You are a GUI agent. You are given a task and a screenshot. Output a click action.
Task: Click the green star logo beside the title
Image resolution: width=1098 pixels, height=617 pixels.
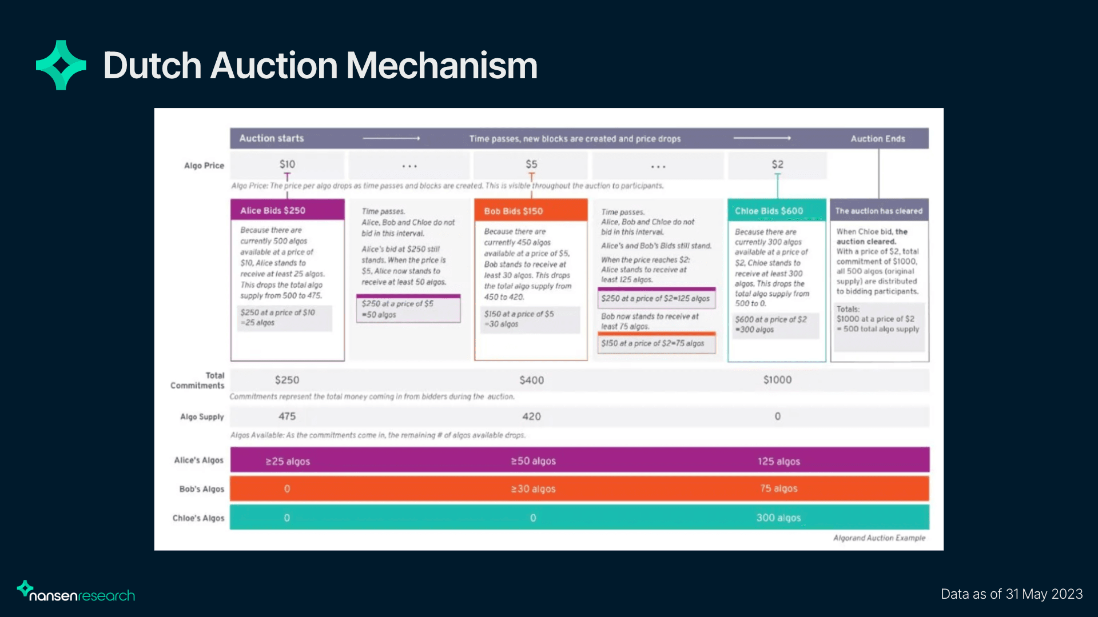(61, 65)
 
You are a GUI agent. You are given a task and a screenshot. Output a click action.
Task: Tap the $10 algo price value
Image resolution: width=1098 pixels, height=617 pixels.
(287, 165)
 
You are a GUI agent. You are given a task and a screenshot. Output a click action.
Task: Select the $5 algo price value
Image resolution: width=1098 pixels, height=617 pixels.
(531, 165)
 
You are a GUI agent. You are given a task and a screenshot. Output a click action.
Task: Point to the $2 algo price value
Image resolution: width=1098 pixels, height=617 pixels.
(777, 165)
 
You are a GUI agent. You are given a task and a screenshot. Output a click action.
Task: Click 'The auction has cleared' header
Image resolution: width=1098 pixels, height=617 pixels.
(879, 211)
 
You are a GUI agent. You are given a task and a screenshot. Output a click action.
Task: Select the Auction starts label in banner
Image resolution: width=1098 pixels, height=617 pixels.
(272, 138)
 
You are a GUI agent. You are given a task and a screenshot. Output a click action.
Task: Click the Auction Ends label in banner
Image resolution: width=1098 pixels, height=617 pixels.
(878, 139)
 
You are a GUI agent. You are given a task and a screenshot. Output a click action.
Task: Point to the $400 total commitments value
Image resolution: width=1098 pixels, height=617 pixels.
(531, 380)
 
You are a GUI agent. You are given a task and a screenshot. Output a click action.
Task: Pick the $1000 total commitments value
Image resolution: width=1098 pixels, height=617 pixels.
(777, 380)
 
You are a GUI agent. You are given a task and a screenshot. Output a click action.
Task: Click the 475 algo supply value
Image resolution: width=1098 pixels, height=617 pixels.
(287, 416)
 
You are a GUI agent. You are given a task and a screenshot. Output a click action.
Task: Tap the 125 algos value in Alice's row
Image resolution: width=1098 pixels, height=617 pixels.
(779, 461)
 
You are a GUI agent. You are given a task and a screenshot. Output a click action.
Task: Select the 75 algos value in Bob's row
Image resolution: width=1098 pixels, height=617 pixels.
(779, 488)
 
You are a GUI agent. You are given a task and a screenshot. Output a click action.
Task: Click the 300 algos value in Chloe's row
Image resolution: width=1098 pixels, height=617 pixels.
(778, 518)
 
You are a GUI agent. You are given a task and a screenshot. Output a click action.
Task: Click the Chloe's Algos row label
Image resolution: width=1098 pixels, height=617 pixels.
(198, 518)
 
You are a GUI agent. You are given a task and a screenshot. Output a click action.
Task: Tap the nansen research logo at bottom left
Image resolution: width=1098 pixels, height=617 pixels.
(76, 592)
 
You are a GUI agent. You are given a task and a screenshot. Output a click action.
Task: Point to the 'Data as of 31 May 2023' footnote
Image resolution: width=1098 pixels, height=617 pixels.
(1012, 594)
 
